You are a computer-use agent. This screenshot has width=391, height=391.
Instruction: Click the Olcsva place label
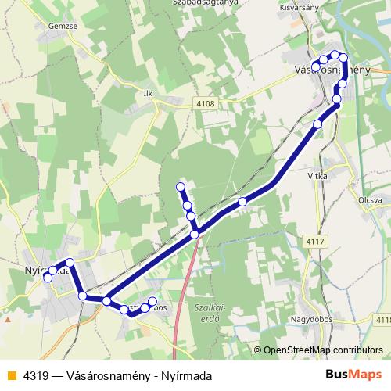[x=368, y=200]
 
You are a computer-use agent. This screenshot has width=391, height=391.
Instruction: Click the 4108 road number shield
[x=205, y=102]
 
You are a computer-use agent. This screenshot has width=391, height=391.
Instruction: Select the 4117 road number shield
[x=315, y=242]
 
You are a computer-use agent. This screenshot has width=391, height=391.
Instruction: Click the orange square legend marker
[x=10, y=376]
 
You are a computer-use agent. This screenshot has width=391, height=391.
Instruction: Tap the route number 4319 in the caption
[x=33, y=376]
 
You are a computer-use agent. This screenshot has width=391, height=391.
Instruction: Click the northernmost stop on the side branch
[x=181, y=187]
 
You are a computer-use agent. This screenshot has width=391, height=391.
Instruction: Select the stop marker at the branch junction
[x=195, y=234]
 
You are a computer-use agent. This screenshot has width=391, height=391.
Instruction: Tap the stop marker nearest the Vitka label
[x=317, y=124]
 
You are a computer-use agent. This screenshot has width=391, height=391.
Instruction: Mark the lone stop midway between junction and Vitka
[x=242, y=202]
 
